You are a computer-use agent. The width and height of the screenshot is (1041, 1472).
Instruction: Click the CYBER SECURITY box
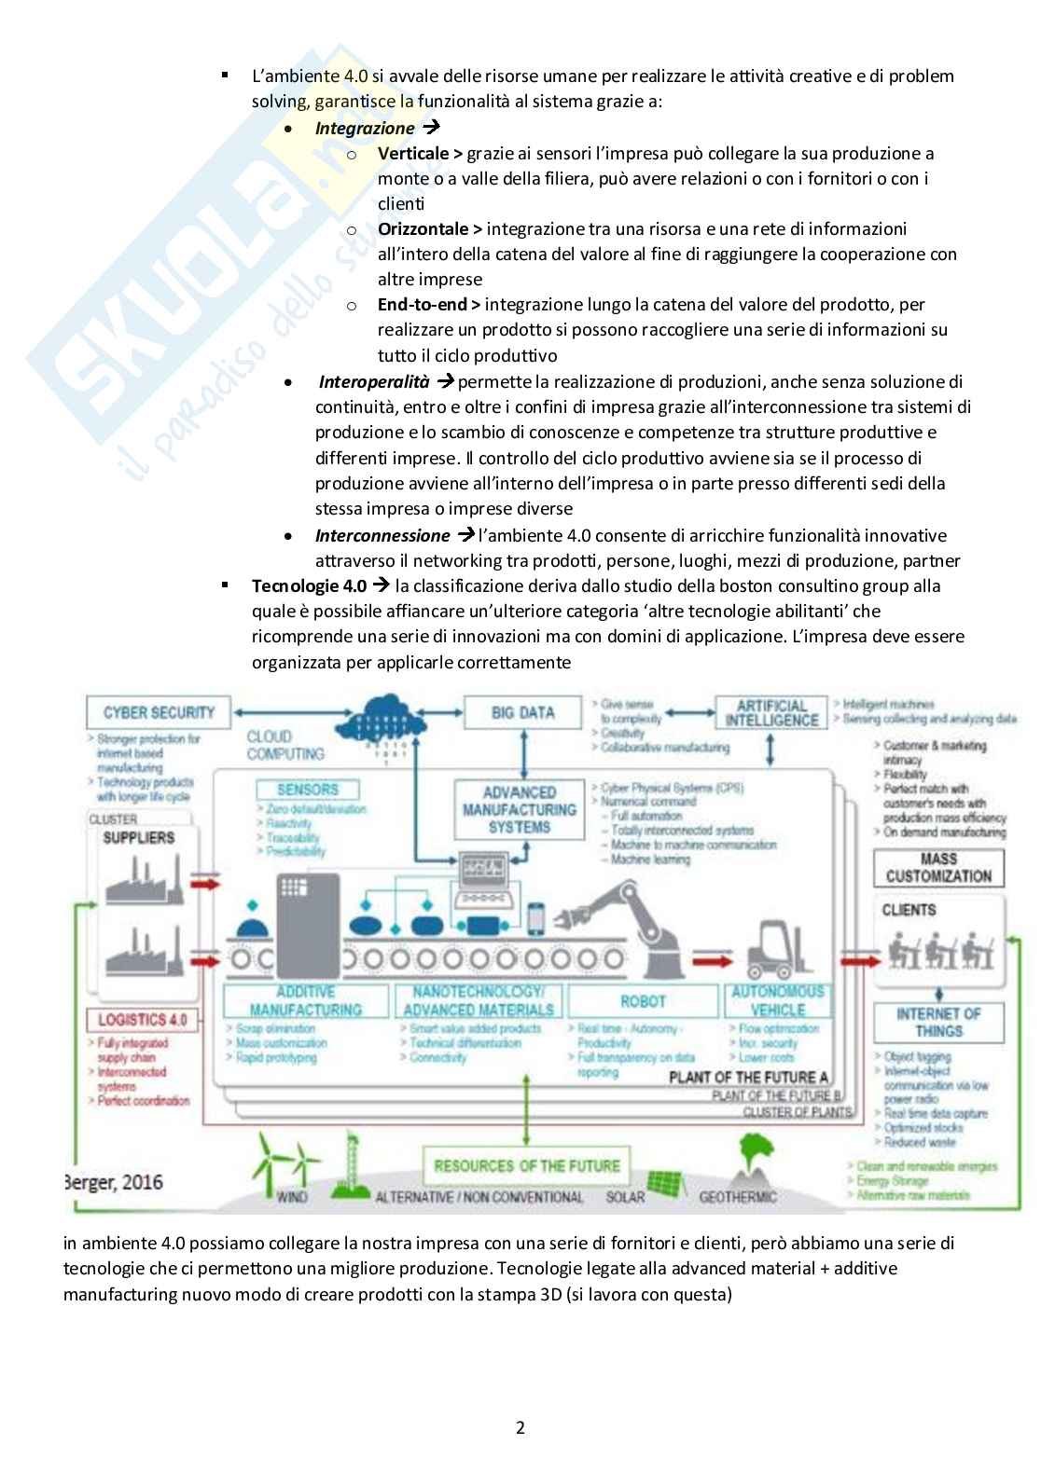click(x=158, y=713)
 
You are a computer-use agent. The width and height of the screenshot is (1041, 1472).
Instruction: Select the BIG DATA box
click(x=522, y=713)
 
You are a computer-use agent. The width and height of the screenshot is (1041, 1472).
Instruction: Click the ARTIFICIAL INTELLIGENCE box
click(x=770, y=713)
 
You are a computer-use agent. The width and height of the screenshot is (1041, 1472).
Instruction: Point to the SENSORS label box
click(x=307, y=790)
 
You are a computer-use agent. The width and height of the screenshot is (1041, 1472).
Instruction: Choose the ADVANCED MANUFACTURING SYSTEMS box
click(x=520, y=809)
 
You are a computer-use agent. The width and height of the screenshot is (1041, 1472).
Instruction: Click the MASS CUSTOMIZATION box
click(x=938, y=868)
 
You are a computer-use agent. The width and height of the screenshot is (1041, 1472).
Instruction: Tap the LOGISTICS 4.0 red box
click(x=142, y=1020)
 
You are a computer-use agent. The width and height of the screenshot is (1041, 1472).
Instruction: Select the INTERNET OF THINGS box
click(x=938, y=1023)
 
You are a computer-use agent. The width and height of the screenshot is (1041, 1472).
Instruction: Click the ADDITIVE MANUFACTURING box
click(x=305, y=1001)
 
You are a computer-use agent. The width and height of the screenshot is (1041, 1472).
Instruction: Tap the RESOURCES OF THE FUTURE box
click(x=526, y=1166)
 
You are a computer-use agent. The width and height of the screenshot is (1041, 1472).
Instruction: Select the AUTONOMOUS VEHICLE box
click(x=777, y=1001)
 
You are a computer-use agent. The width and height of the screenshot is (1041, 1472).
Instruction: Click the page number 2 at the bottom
click(x=520, y=1427)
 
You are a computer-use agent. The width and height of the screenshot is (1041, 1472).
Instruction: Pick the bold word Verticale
click(x=413, y=154)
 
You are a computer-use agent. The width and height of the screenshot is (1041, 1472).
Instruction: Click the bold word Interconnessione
click(x=382, y=536)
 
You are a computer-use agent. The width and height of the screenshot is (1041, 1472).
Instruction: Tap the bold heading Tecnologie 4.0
click(x=309, y=586)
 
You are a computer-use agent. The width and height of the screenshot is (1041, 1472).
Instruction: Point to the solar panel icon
click(x=665, y=1183)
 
